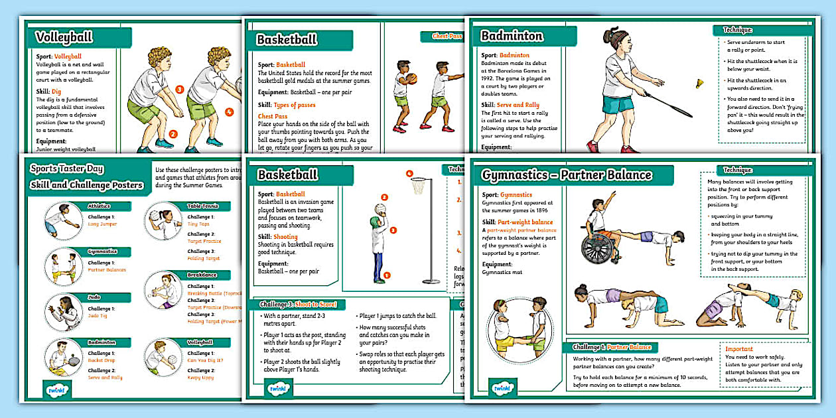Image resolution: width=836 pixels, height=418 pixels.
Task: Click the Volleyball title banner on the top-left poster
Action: point(64,37)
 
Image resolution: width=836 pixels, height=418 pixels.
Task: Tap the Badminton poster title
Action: point(512,36)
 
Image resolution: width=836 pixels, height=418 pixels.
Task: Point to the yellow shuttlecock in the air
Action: point(699,84)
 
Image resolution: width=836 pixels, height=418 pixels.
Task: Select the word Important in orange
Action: point(738,349)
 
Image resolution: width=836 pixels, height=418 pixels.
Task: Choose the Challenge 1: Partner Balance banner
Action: point(611,347)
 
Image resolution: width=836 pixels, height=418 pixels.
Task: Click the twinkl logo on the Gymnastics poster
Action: point(502,387)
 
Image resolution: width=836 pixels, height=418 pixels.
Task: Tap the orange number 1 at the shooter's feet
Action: point(388,275)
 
